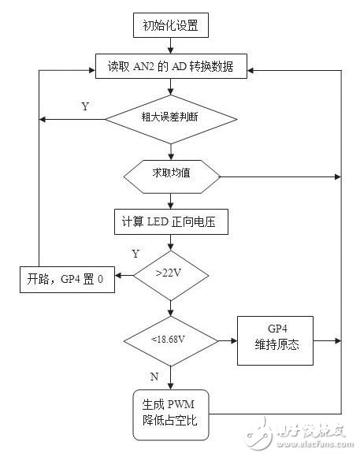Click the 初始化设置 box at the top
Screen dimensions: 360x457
(171, 25)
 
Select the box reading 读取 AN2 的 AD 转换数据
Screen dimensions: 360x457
(171, 66)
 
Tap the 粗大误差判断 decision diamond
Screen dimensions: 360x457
(171, 119)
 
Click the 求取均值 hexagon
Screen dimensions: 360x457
(172, 176)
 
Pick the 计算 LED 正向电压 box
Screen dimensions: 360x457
(171, 221)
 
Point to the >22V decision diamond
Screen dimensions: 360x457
(171, 275)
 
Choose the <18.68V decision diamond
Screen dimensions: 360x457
(171, 340)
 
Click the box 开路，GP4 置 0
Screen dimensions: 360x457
(67, 280)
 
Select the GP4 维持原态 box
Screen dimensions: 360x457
(275, 340)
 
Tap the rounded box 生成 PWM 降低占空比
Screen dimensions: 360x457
(171, 414)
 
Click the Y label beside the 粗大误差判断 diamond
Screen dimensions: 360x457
(85, 106)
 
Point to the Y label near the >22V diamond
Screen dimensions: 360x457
(135, 254)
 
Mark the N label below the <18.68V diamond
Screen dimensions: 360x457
(154, 377)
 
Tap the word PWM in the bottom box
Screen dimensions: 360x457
(180, 404)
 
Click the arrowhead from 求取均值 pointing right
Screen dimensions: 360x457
(338, 176)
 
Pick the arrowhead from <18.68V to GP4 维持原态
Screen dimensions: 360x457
(234, 340)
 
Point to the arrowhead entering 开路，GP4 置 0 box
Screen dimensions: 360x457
(118, 275)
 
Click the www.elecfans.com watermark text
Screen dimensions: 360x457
(315, 444)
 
